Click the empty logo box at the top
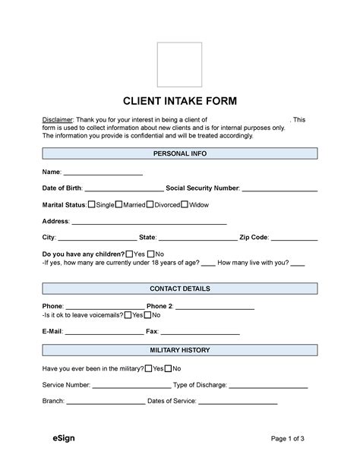[179, 65]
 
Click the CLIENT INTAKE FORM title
[180, 102]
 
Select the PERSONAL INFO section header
[180, 153]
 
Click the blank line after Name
[103, 173]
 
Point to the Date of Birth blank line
[124, 189]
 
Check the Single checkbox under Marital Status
[92, 205]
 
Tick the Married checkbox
[118, 205]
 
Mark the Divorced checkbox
[150, 205]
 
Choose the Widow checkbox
[184, 205]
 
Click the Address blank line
[149, 222]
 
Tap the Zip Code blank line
[294, 238]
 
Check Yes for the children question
[129, 254]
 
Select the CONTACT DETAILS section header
[180, 289]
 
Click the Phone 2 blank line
[225, 306]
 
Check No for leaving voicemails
[148, 314]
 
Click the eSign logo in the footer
[64, 438]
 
